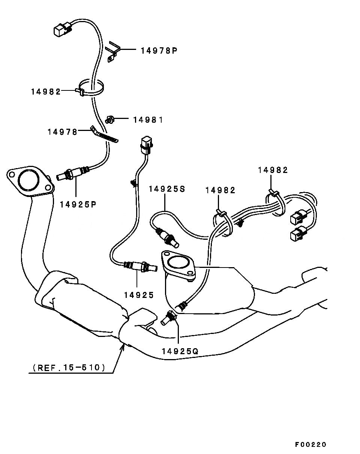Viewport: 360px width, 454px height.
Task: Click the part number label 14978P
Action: pyautogui.click(x=159, y=50)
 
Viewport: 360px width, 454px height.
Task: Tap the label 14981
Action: pyautogui.click(x=148, y=120)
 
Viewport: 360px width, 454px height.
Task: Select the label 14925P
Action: pyautogui.click(x=78, y=204)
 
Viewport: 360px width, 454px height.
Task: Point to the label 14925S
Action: pyautogui.click(x=167, y=189)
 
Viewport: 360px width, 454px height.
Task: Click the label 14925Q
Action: pyautogui.click(x=180, y=351)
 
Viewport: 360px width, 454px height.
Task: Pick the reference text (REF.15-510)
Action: pyautogui.click(x=69, y=367)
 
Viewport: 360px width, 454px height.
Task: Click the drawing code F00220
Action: pyautogui.click(x=310, y=445)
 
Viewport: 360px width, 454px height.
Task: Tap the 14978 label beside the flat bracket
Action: pyautogui.click(x=62, y=132)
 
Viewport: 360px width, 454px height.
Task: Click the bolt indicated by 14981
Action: pyautogui.click(x=110, y=120)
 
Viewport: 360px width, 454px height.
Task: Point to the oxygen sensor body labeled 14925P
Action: pyautogui.click(x=71, y=173)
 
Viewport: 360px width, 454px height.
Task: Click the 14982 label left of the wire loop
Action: pyautogui.click(x=46, y=91)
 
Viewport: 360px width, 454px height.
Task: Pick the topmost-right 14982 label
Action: pyautogui.click(x=273, y=170)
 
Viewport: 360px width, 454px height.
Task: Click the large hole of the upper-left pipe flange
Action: pyautogui.click(x=28, y=180)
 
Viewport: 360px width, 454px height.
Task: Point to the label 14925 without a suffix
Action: pyautogui.click(x=139, y=295)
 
